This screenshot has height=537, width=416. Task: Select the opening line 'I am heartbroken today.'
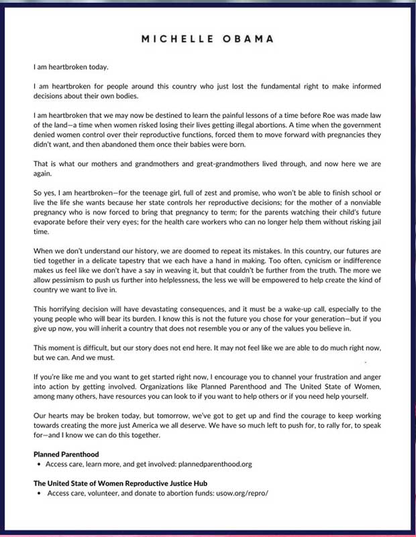[70, 67]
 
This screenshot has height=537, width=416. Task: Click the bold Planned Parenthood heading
[66, 455]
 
